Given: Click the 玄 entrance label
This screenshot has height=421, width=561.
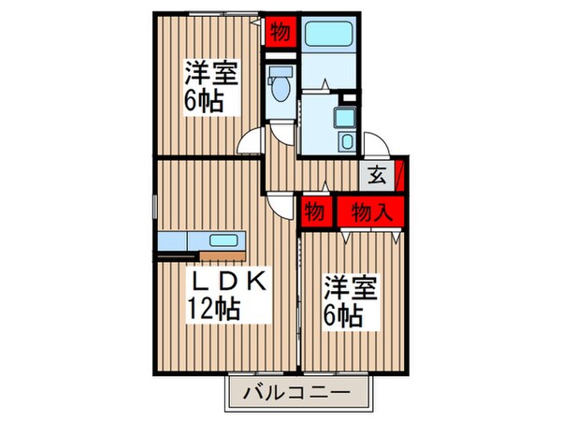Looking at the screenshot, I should click(376, 174).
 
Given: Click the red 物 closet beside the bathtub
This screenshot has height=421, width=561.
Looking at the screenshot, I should click(280, 31).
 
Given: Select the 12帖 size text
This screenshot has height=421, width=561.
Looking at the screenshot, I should click(216, 309).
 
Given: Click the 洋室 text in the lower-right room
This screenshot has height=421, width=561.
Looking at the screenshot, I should click(351, 285).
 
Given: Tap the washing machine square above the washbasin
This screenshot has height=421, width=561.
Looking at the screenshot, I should click(348, 96).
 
